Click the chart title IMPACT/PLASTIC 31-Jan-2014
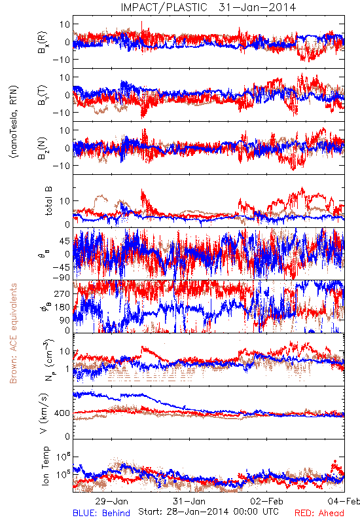[x=208, y=7]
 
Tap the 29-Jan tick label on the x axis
[x=111, y=501]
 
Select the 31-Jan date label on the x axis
[x=189, y=501]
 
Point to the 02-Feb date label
[x=266, y=501]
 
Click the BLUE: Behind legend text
[x=101, y=513]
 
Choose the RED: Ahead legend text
[x=319, y=513]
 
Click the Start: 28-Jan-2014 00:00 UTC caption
[x=208, y=512]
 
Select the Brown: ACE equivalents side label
[x=13, y=333]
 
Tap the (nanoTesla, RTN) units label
[x=14, y=122]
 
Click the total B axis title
[x=48, y=201]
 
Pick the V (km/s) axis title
[x=44, y=413]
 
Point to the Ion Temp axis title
[x=45, y=466]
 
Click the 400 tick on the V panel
[x=62, y=413]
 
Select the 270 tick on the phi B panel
[x=62, y=293]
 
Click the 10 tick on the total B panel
[x=65, y=201]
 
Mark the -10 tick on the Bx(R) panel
[x=61, y=60]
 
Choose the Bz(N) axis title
[x=43, y=148]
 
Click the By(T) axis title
[x=43, y=95]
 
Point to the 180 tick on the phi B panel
[x=62, y=307]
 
